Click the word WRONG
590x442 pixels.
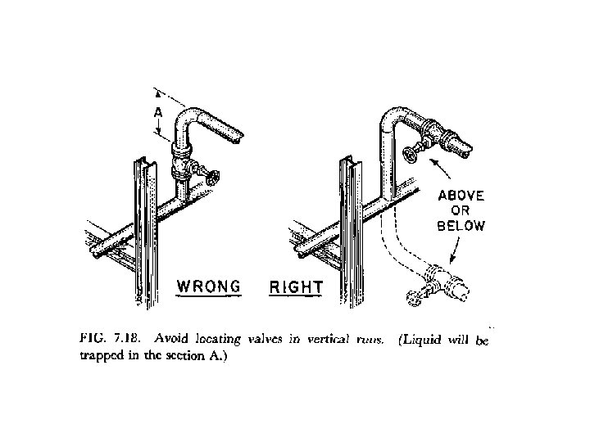pos(209,286)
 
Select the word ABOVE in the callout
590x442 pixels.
pos(461,196)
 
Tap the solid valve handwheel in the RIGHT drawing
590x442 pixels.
pos(411,155)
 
